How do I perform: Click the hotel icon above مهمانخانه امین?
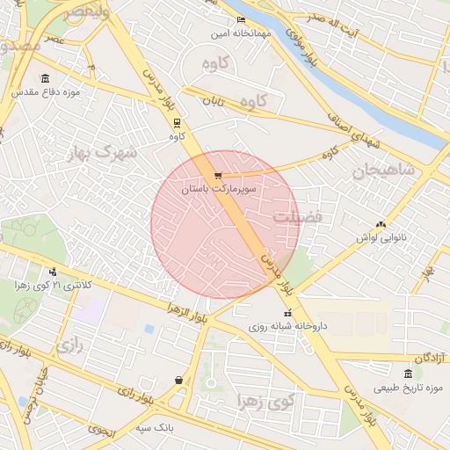tap(242, 20)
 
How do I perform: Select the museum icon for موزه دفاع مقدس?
tap(46, 78)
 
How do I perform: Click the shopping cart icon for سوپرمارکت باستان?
tap(218, 175)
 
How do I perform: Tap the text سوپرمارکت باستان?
tap(219, 189)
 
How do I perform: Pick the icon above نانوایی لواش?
tap(381, 225)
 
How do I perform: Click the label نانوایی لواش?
tap(380, 238)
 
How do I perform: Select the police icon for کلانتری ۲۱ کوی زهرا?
tap(53, 272)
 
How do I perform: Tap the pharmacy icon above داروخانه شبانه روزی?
tap(287, 313)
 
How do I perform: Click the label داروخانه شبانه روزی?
tap(287, 326)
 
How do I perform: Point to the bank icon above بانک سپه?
tap(179, 381)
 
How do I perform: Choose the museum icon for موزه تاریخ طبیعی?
tap(408, 374)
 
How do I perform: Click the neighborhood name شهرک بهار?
tap(102, 153)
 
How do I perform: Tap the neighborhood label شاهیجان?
tap(383, 171)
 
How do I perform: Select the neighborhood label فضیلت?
tap(297, 215)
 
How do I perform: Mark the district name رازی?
tap(69, 346)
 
